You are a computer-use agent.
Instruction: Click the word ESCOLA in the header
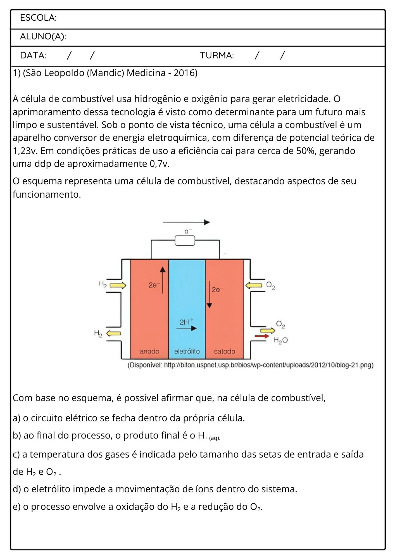pyautogui.click(x=37, y=18)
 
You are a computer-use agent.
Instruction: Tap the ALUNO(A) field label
pyautogui.click(x=43, y=37)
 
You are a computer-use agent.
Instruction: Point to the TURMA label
pyautogui.click(x=217, y=55)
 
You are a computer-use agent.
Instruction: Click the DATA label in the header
pyautogui.click(x=33, y=55)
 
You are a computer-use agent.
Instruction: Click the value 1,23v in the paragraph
pyautogui.click(x=25, y=151)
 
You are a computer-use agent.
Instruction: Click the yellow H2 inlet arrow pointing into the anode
pyautogui.click(x=118, y=285)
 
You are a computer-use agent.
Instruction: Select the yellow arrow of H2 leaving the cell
pyautogui.click(x=114, y=333)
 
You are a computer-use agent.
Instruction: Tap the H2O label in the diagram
pyautogui.click(x=280, y=340)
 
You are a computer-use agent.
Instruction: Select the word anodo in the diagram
pyautogui.click(x=149, y=351)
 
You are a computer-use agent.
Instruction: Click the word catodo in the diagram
pyautogui.click(x=225, y=351)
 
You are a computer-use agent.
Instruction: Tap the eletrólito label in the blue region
pyautogui.click(x=187, y=351)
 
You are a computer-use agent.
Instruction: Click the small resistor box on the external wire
pyautogui.click(x=185, y=240)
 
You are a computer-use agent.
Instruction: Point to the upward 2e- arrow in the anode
pyautogui.click(x=163, y=280)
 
